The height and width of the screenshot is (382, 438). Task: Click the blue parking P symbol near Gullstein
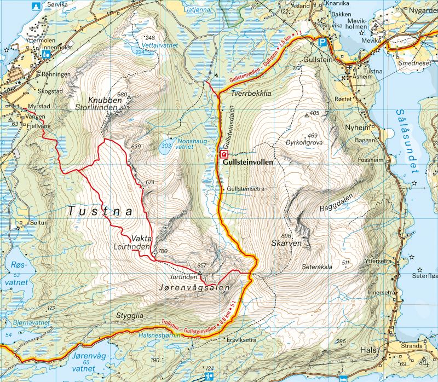(x=324, y=42)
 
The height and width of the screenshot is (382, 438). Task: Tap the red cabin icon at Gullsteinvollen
(x=224, y=155)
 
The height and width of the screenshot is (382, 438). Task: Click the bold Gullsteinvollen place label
(x=247, y=163)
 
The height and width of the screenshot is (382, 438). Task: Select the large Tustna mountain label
(x=101, y=210)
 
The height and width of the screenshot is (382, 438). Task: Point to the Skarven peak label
(x=286, y=242)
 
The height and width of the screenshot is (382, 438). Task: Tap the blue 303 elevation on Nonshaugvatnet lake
(x=166, y=146)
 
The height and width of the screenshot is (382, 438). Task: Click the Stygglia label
(x=130, y=316)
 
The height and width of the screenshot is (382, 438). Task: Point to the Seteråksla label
(x=318, y=268)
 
